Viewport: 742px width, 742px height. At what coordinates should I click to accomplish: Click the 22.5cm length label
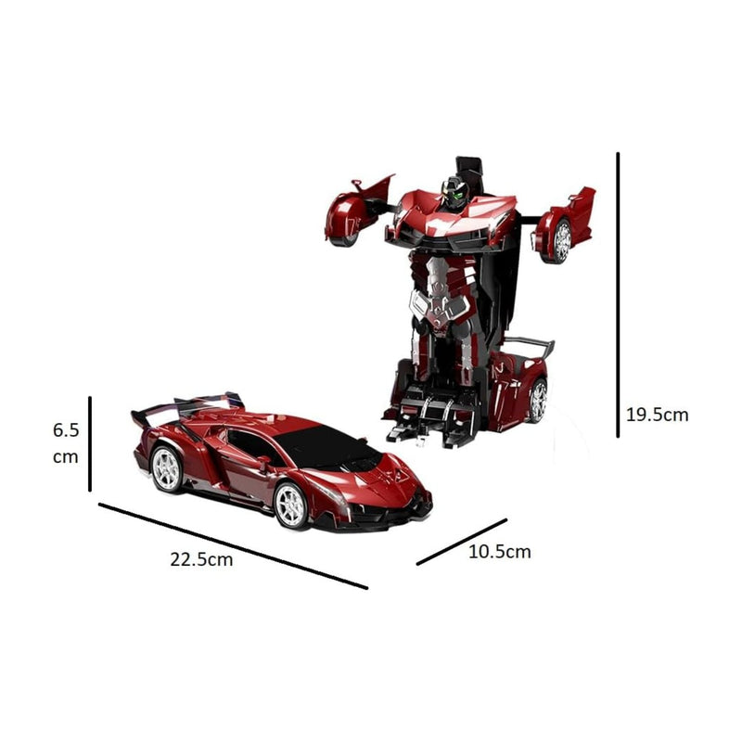[x=201, y=559]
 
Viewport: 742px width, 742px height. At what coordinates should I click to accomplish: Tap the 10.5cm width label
[x=500, y=552]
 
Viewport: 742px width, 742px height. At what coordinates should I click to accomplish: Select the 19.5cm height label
[x=657, y=415]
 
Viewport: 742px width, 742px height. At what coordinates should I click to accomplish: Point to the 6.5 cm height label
[x=66, y=443]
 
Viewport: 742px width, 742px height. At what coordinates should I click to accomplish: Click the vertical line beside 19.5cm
[x=618, y=295]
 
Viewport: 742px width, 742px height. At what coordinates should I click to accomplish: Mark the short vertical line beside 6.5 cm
[x=90, y=443]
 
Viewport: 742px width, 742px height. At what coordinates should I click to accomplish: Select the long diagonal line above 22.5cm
[x=233, y=546]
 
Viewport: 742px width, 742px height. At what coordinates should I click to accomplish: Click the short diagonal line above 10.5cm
[x=462, y=541]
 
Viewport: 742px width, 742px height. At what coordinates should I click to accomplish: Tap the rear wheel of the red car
[x=167, y=468]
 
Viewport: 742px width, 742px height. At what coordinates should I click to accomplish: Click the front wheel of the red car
[x=290, y=505]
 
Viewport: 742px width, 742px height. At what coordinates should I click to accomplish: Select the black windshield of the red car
[x=320, y=447]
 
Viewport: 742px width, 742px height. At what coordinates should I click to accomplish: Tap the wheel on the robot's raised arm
[x=561, y=239]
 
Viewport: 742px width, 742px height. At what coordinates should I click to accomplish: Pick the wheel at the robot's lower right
[x=537, y=400]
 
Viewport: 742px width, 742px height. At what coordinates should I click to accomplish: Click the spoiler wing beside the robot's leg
[x=530, y=346]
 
